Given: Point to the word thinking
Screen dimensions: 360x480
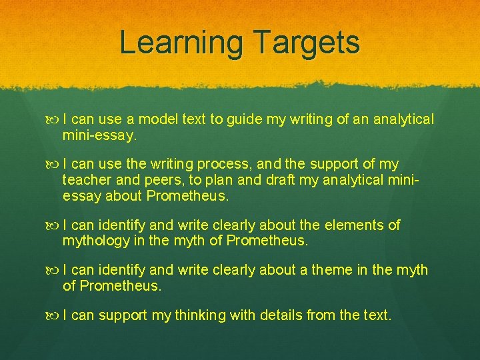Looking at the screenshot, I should [x=200, y=315].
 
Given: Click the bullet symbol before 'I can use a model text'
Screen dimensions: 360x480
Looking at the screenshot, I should [x=53, y=120].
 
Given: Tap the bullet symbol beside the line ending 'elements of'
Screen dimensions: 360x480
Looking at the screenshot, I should [x=53, y=226].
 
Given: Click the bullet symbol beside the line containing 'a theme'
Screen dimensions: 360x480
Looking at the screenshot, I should [x=53, y=271].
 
